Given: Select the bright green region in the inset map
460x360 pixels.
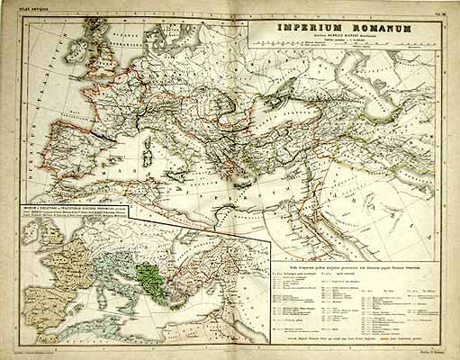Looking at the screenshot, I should point(145,270).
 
